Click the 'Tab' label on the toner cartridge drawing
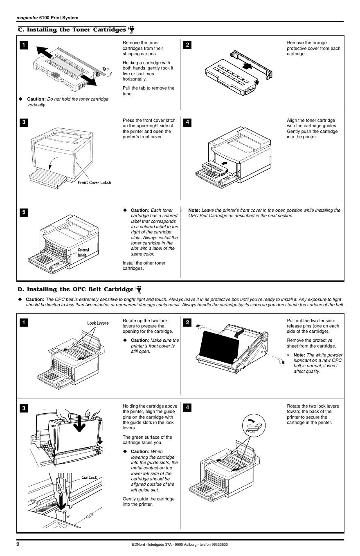pyautogui.click(x=106, y=69)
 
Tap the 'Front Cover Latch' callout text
pyautogui.click(x=94, y=182)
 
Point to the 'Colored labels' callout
pyautogui.click(x=83, y=253)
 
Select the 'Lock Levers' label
pyautogui.click(x=98, y=323)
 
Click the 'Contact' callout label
pyautogui.click(x=89, y=477)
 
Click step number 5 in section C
pyautogui.click(x=24, y=212)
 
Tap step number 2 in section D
pyautogui.click(x=187, y=323)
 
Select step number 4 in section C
pyautogui.click(x=187, y=122)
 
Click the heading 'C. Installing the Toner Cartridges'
pyautogui.click(x=72, y=29)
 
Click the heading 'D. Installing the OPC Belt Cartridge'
pyautogui.click(x=76, y=289)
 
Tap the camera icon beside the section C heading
pyautogui.click(x=131, y=29)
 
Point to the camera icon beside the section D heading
pyautogui.click(x=139, y=289)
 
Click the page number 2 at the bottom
pyautogui.click(x=18, y=544)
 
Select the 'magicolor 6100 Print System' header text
pyautogui.click(x=47, y=18)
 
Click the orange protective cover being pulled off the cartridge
pyautogui.click(x=250, y=63)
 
